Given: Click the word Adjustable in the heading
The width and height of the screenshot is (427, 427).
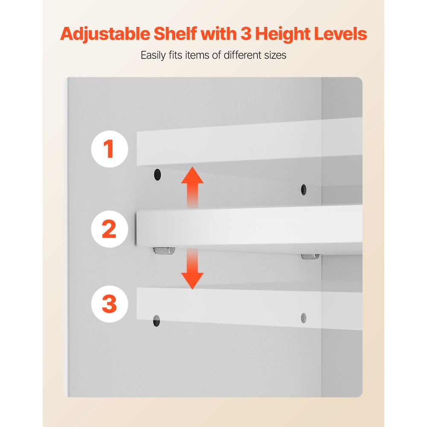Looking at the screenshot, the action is (x=105, y=34).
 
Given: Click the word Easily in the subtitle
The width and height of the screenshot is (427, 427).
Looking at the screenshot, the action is (x=153, y=55).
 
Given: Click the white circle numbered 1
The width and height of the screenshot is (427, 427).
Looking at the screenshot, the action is (x=109, y=149).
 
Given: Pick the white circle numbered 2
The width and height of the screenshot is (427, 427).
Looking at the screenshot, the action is (x=109, y=229).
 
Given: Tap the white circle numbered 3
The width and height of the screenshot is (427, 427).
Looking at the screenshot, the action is (x=109, y=304).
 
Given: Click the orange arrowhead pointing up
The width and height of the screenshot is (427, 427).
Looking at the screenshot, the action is (x=192, y=175).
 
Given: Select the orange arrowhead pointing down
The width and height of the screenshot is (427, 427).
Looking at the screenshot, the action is (x=192, y=281).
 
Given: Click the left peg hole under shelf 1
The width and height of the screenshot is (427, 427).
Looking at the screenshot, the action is (x=158, y=175).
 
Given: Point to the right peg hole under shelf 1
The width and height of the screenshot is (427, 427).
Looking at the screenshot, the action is (x=304, y=190).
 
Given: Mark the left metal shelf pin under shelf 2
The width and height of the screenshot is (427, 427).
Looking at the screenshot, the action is (x=164, y=251).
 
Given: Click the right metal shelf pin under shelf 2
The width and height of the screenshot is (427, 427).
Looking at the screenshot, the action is (x=310, y=257).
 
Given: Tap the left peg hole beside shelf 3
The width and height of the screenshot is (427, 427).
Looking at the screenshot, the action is (x=157, y=321).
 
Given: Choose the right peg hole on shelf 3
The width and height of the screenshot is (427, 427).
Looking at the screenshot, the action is (x=304, y=318).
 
